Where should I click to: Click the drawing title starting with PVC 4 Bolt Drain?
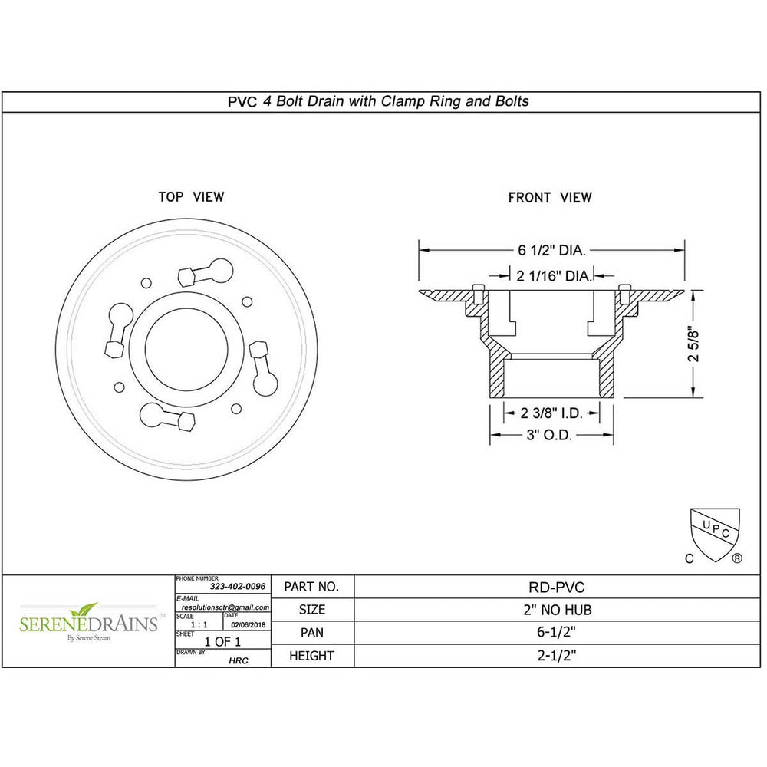coord(378,101)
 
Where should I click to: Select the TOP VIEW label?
coord(191,197)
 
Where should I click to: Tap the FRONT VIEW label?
coord(550,198)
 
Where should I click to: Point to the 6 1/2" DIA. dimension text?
coord(551,250)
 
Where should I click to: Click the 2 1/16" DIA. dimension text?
coord(553,275)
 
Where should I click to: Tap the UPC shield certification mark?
coord(715,529)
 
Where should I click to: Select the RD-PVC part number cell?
coord(557,587)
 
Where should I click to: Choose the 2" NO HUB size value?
coord(557,610)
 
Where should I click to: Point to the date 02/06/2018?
coord(246,623)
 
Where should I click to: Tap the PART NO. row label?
coord(311,587)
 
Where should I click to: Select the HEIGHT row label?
coord(311,656)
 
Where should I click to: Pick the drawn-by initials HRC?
coord(239,660)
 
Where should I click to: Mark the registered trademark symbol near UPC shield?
coord(737,558)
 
